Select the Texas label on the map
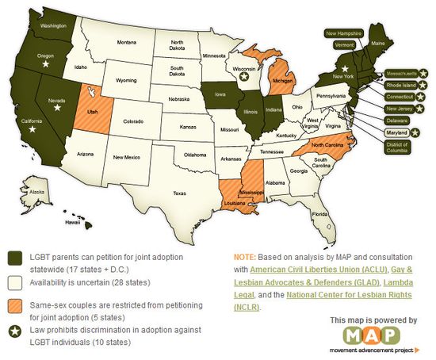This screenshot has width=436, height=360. (178, 193)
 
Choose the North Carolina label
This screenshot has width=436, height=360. (327, 146)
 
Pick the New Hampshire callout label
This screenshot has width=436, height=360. (344, 33)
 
